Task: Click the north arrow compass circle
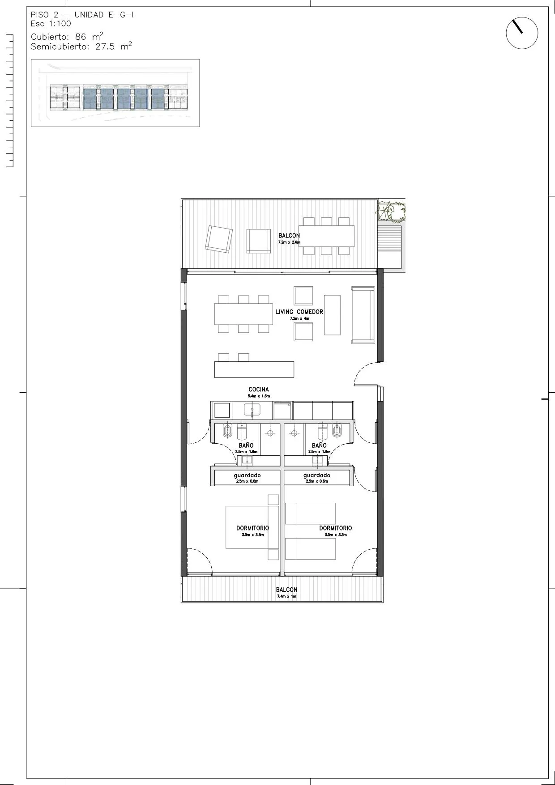[522, 18]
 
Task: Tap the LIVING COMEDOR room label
[299, 312]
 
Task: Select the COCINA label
[259, 390]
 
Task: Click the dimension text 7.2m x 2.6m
[289, 242]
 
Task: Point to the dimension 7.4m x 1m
[286, 596]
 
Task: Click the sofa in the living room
[363, 315]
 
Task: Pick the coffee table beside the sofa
[332, 314]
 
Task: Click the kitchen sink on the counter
[252, 410]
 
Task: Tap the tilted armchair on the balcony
[219, 238]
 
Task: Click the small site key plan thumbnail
[115, 93]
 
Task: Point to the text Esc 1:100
[51, 24]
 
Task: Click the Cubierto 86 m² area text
[67, 36]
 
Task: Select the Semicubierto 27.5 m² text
[81, 46]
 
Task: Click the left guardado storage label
[247, 475]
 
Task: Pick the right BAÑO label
[319, 446]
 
